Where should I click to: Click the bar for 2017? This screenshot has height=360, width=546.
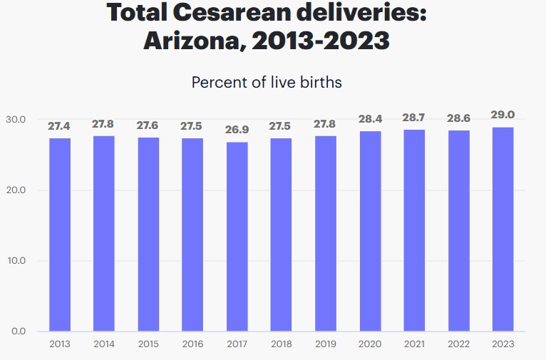click(x=237, y=237)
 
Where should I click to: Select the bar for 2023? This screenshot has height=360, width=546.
click(x=503, y=230)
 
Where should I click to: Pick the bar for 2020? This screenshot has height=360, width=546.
click(x=370, y=232)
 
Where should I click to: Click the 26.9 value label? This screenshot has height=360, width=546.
click(x=237, y=131)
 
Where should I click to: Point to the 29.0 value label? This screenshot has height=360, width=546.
click(x=503, y=115)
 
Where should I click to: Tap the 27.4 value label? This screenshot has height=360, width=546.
click(x=60, y=126)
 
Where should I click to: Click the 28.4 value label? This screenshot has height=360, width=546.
click(x=370, y=119)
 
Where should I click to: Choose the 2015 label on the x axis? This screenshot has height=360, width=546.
click(x=148, y=344)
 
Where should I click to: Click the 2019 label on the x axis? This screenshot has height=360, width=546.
click(x=326, y=344)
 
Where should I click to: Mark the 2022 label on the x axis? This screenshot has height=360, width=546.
click(x=458, y=344)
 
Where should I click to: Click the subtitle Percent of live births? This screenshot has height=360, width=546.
click(x=267, y=82)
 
